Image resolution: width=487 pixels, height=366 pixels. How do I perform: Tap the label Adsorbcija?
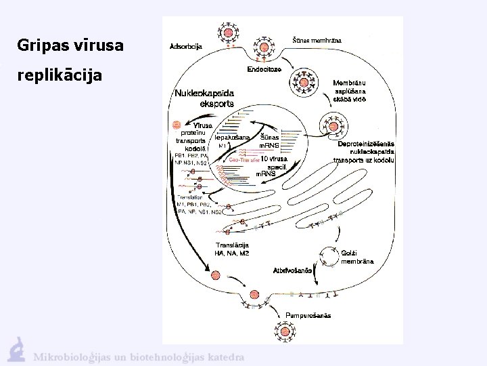tap(185, 47)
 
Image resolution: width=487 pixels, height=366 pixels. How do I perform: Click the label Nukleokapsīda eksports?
tap(205, 98)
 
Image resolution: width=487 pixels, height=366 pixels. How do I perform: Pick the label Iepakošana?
tap(232, 137)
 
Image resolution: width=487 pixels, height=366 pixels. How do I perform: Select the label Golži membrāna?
tap(357, 257)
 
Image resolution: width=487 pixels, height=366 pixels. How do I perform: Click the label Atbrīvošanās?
tap(292, 270)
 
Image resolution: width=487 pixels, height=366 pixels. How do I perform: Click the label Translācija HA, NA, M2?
tap(232, 249)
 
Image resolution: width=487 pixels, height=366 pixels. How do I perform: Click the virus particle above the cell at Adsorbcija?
tap(225, 30)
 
